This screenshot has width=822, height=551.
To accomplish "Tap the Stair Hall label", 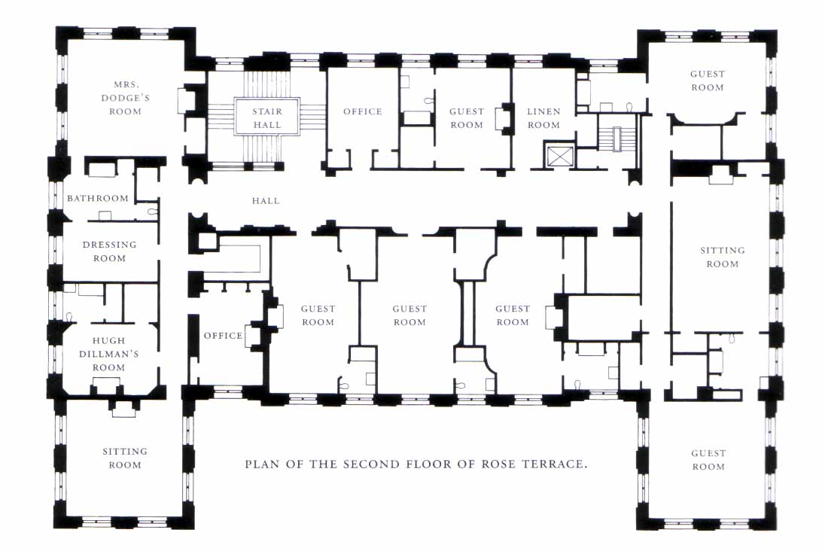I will (x=266, y=118).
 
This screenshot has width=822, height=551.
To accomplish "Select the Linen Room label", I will (x=543, y=118).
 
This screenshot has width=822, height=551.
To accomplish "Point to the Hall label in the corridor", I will (x=266, y=201).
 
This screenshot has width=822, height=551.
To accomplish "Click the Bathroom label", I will (x=98, y=199).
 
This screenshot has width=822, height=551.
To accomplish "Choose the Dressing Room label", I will (x=110, y=251).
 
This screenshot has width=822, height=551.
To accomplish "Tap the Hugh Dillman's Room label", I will (x=108, y=354).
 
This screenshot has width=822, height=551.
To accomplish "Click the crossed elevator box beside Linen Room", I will (x=559, y=157).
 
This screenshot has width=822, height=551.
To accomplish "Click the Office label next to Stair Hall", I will (x=363, y=111).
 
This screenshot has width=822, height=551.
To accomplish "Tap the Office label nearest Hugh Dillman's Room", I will (x=223, y=336).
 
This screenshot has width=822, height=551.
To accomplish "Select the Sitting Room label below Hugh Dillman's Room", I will (x=125, y=458).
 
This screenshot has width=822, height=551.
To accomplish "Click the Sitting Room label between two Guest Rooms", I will (x=722, y=257).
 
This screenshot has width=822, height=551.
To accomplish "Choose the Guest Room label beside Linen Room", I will (x=467, y=118).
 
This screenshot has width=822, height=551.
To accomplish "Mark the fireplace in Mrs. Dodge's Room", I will (x=183, y=101).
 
